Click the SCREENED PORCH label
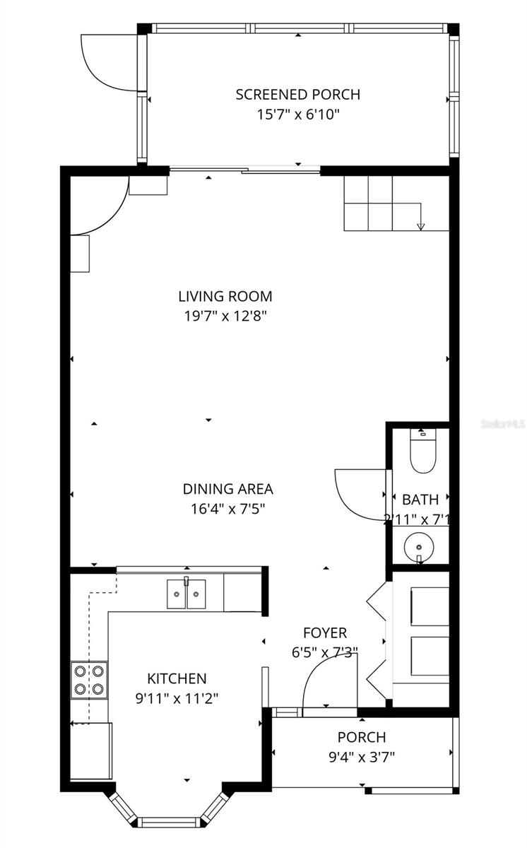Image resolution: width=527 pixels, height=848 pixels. [x=297, y=94]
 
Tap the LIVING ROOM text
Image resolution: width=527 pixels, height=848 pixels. [x=225, y=297]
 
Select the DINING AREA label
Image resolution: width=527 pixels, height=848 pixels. [x=227, y=488]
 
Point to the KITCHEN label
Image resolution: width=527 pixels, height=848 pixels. [x=177, y=678]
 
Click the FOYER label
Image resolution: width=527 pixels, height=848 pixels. [x=325, y=632]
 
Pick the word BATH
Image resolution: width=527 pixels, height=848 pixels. [x=420, y=500]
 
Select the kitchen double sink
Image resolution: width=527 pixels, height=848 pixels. [x=186, y=594]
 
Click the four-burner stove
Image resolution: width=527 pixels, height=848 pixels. [x=89, y=680]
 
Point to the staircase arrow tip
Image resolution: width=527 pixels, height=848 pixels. [x=421, y=227]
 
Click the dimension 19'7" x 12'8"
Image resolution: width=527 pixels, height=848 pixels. [x=225, y=317]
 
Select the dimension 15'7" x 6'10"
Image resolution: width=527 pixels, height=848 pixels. [x=297, y=114]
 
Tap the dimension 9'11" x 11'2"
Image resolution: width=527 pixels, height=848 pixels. [x=177, y=698]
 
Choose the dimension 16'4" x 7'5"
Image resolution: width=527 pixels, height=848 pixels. [x=227, y=507]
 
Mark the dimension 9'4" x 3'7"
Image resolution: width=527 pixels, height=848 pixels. [x=361, y=757]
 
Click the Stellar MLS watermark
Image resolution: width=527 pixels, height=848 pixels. [x=503, y=424]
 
